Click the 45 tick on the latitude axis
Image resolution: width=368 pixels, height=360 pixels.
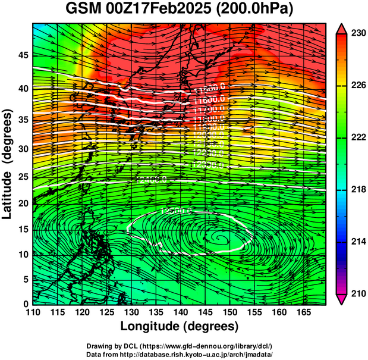point(24,55)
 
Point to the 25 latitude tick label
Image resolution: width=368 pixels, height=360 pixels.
point(24,177)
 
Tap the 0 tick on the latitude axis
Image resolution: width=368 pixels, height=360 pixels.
point(26,303)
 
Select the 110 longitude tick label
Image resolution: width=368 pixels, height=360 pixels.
point(33,312)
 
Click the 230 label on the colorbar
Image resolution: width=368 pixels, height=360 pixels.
point(357,33)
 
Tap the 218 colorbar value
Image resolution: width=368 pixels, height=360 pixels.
point(357,190)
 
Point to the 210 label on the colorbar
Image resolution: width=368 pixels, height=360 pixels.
point(357,293)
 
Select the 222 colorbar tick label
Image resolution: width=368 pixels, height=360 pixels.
point(357,137)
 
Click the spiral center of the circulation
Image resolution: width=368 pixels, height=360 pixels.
point(221,239)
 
